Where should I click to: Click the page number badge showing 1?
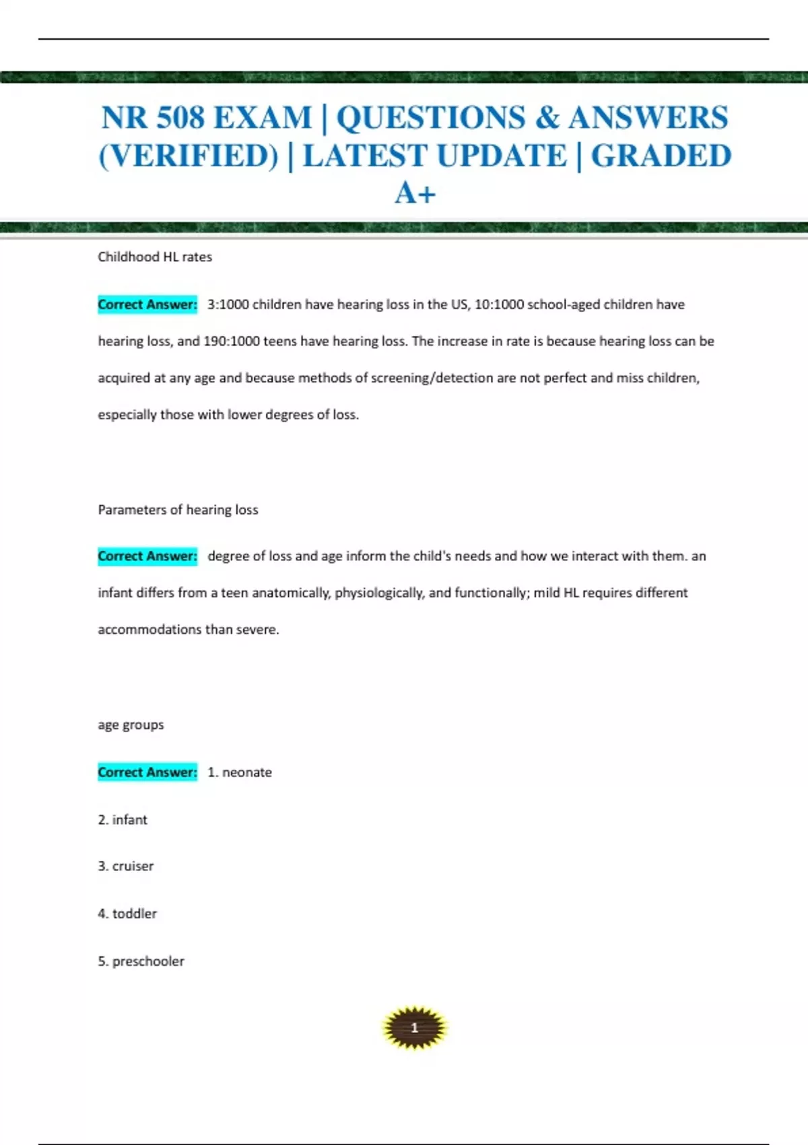pyautogui.click(x=414, y=1028)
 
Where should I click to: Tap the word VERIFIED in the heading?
pyautogui.click(x=189, y=156)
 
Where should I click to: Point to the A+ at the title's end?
pyautogui.click(x=415, y=194)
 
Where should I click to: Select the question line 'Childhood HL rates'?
pyautogui.click(x=155, y=257)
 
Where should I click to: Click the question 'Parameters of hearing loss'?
pyautogui.click(x=178, y=510)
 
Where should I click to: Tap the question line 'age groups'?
pyautogui.click(x=131, y=725)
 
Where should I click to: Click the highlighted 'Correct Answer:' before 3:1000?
pyautogui.click(x=147, y=304)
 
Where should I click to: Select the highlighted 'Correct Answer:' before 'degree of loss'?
pyautogui.click(x=147, y=556)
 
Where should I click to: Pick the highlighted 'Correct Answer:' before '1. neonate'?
pyautogui.click(x=147, y=773)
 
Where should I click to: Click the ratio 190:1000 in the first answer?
pyautogui.click(x=231, y=341)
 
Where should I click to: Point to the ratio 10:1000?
pyautogui.click(x=499, y=304)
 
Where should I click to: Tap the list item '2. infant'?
pyautogui.click(x=123, y=820)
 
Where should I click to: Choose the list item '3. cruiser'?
pyautogui.click(x=126, y=866)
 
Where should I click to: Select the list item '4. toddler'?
pyautogui.click(x=127, y=914)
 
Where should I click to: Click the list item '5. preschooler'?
pyautogui.click(x=141, y=961)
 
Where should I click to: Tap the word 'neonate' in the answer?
pyautogui.click(x=247, y=773)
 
